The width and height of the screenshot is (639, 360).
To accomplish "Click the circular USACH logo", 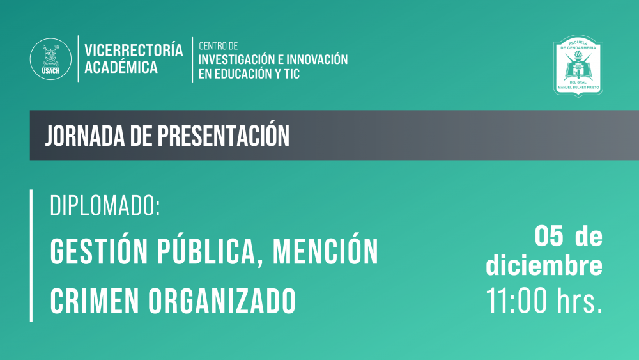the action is [50, 59].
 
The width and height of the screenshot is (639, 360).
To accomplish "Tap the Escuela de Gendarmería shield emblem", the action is [578, 66].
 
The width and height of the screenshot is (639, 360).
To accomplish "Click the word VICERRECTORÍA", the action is [134, 50].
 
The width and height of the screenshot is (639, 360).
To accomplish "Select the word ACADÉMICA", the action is [121, 67].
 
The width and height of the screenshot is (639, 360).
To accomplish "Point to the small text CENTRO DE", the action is [218, 46].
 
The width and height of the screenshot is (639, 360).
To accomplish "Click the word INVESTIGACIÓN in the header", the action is [237, 59].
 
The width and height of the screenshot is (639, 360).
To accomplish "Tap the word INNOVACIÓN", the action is [317, 59].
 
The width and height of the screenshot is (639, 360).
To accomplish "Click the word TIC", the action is [293, 74].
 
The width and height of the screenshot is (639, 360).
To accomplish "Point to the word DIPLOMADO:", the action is [105, 206].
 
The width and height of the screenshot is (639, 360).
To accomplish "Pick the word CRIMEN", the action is [94, 301].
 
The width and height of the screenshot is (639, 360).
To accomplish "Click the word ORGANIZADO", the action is [222, 301].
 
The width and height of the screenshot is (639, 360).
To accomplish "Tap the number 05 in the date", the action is [549, 236].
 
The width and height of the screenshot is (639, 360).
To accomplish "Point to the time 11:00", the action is [516, 301].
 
